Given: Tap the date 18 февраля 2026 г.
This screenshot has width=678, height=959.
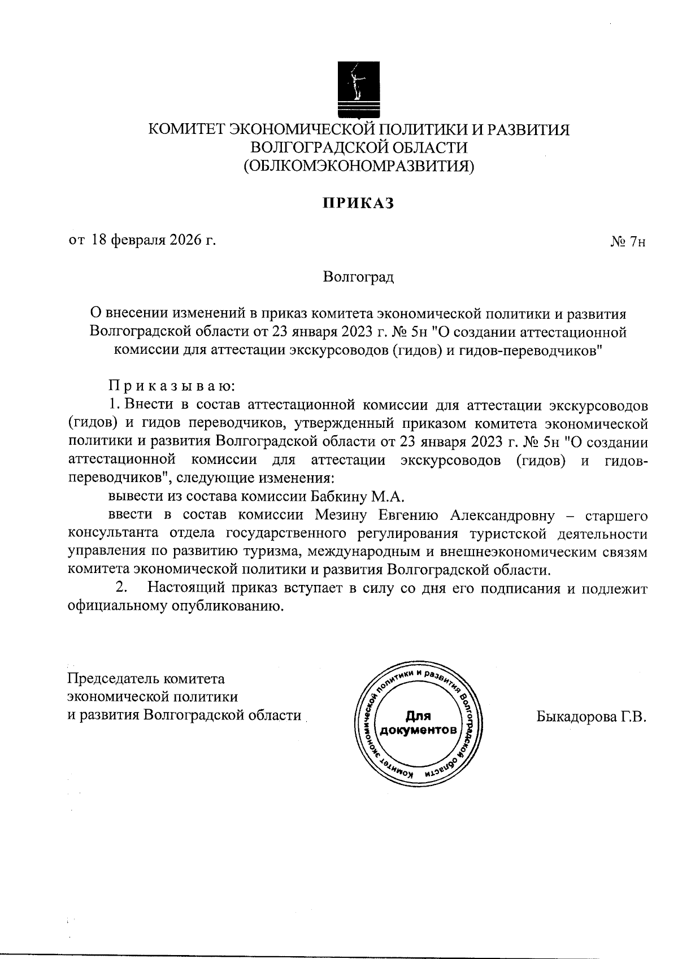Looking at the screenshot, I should (x=154, y=240).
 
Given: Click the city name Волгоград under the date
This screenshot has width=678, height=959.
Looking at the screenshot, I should (x=358, y=277).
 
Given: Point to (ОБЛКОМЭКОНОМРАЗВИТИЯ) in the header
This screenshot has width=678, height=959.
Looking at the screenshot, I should (x=358, y=166).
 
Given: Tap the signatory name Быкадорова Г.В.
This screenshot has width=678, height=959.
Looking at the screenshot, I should (x=590, y=717).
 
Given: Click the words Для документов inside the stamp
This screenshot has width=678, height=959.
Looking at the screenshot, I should (x=418, y=723).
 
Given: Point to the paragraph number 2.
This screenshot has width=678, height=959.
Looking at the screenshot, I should (x=120, y=588).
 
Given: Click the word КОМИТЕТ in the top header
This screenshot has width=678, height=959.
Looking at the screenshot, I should (x=185, y=129).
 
